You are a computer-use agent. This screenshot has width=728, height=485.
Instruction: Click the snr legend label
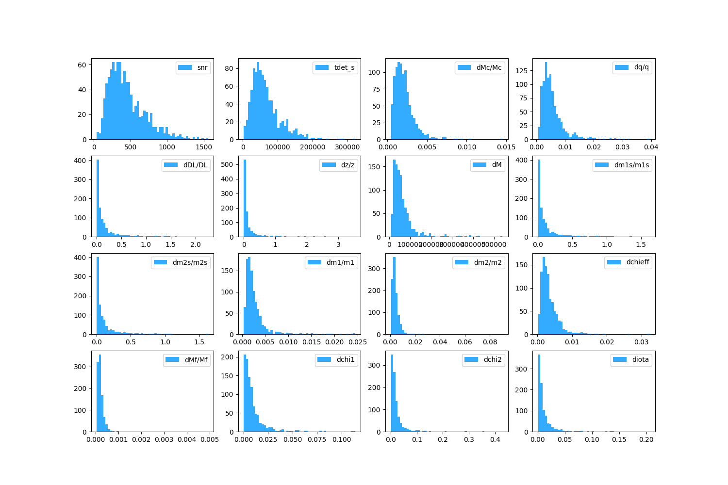click(x=202, y=67)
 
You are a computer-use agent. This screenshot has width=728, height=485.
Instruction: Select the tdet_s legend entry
click(x=344, y=67)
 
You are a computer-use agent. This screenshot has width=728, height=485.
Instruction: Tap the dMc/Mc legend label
click(x=489, y=67)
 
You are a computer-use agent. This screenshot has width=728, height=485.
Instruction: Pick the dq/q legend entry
click(x=641, y=67)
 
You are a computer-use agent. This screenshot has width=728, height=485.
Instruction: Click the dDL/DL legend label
click(x=195, y=165)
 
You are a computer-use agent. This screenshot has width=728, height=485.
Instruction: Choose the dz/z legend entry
click(x=347, y=165)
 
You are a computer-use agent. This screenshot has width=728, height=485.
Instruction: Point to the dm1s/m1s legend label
click(x=631, y=165)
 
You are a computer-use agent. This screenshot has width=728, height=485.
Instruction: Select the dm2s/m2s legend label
click(x=190, y=262)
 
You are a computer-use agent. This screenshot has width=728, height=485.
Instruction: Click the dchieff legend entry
click(x=638, y=262)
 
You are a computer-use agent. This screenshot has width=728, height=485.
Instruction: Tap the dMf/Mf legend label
click(x=196, y=360)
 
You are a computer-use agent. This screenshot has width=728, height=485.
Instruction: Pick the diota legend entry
click(x=640, y=360)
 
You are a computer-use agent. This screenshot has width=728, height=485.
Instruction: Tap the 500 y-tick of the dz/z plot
click(x=230, y=164)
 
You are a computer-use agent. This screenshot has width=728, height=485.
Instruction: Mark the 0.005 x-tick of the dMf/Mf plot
click(x=210, y=440)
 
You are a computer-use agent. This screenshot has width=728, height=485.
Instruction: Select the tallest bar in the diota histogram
click(x=539, y=393)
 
